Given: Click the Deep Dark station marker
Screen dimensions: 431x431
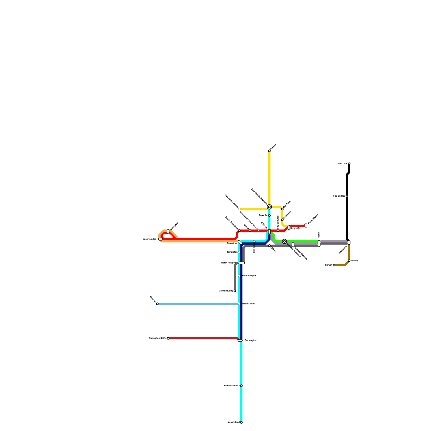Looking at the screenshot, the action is [x=349, y=164].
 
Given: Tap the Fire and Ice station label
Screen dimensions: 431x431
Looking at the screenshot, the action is [x=339, y=196].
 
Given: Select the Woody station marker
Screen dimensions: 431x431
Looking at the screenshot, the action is [x=349, y=261].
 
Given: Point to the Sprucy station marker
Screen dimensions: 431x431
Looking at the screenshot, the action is [x=334, y=265].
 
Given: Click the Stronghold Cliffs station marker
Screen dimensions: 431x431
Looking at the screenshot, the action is [x=168, y=338].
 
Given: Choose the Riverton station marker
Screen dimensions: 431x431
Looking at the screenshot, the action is [x=157, y=304].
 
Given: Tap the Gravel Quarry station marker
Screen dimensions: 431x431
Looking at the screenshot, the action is [x=235, y=291].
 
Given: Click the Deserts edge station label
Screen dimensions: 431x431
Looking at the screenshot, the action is [x=149, y=239].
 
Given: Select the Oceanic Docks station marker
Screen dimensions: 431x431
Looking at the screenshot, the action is [x=241, y=386].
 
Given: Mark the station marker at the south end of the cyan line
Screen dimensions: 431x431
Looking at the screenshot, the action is [x=241, y=422].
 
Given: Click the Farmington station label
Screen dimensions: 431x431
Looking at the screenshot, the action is [x=250, y=340].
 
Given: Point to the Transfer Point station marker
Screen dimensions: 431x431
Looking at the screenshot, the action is [x=239, y=304].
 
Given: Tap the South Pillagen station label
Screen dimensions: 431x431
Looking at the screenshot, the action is [x=248, y=276].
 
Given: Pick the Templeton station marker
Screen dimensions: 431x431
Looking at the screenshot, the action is [x=239, y=252].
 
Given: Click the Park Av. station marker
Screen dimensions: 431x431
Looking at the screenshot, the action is [x=269, y=215].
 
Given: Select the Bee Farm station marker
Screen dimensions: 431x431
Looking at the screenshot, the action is [x=282, y=209].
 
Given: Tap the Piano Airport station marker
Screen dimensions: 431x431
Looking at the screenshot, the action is [x=306, y=225].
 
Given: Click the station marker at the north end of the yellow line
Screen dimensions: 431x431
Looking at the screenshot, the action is [x=269, y=151].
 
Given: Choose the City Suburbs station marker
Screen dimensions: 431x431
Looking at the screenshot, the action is [x=278, y=231].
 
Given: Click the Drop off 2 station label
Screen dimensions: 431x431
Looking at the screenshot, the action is [x=295, y=228].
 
